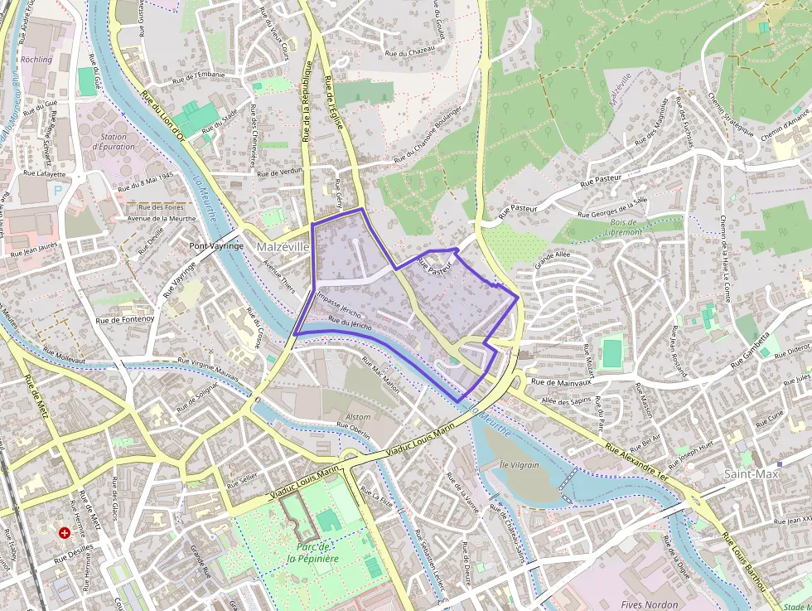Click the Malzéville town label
tap(283, 247)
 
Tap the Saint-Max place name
tap(752, 474)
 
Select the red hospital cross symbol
tap(64, 533)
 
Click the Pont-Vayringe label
tap(216, 246)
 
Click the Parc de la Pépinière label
tap(313, 552)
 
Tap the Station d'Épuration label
tap(114, 142)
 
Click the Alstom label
tap(358, 417)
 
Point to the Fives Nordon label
tap(650, 604)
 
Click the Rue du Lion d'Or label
tap(162, 116)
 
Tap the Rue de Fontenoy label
tap(125, 319)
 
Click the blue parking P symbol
tap(57, 190)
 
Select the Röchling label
tap(36, 60)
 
